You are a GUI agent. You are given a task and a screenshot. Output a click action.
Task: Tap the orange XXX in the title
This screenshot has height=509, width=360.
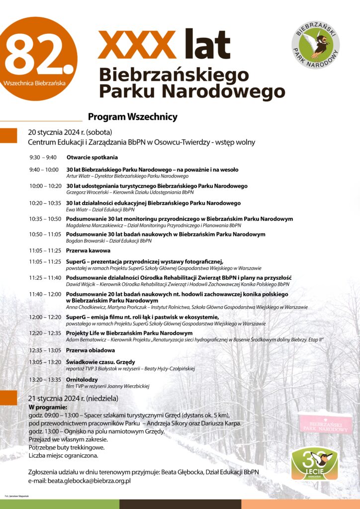(137, 44)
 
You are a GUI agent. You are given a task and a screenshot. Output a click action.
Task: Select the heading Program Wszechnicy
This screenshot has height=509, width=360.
(132, 117)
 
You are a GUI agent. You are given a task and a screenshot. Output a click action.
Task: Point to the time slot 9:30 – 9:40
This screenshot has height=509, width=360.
(43, 158)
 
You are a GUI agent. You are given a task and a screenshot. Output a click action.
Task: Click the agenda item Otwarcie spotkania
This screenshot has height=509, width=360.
(92, 158)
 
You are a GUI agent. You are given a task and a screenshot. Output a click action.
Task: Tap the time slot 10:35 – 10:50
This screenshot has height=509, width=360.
(45, 219)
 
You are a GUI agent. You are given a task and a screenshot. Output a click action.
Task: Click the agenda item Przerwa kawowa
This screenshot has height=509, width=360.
(89, 251)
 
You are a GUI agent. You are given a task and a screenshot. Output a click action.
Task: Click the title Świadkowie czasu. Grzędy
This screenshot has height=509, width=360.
(100, 362)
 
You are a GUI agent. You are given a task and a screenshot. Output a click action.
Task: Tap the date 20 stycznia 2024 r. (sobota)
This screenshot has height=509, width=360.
(70, 132)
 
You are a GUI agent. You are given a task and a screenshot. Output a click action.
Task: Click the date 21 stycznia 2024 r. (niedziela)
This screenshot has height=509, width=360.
(73, 399)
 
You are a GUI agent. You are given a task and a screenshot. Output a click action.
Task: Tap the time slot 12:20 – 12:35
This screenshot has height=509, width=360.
(45, 333)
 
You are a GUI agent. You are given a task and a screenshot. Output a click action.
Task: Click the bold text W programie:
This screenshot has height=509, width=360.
(48, 407)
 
